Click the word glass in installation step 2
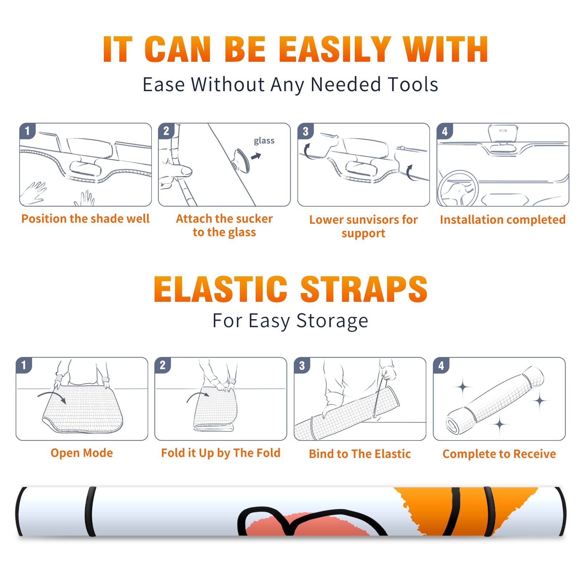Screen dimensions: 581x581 click(264, 141)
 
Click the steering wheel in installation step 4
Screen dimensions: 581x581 click(458, 189)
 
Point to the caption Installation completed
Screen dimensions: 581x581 click(503, 220)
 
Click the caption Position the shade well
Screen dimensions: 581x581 click(85, 219)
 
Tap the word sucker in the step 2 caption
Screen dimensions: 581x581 click(254, 219)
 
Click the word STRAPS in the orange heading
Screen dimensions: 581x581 click(364, 289)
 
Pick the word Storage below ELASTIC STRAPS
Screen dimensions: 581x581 click(332, 321)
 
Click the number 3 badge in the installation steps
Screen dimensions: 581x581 click(305, 131)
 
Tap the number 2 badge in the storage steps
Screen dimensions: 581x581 click(163, 365)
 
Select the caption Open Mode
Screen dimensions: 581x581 click(82, 453)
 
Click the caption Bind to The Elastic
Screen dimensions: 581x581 click(360, 454)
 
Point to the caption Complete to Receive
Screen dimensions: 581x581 click(499, 454)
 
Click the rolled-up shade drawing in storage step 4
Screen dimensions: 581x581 click(495, 400)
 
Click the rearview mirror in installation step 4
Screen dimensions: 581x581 click(503, 133)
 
